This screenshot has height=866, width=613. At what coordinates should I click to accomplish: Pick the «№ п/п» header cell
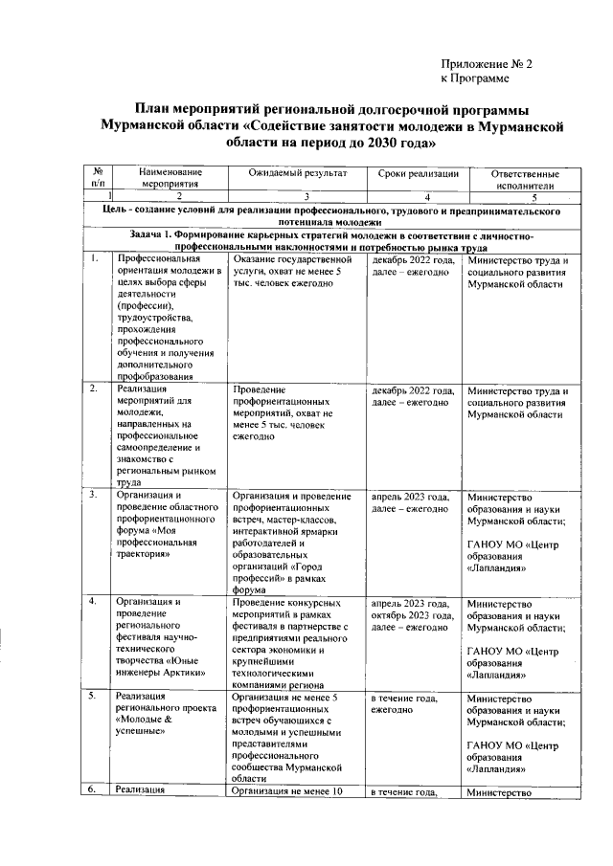point(97,180)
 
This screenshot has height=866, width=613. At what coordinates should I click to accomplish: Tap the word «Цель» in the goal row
point(124,209)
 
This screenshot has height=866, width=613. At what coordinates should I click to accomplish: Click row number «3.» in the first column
point(94,496)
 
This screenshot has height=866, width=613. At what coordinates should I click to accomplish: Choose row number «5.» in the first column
point(94,696)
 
